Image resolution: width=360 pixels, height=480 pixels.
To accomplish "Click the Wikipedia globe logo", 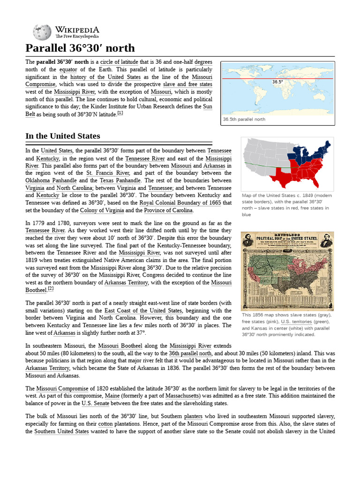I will click(x=42, y=32).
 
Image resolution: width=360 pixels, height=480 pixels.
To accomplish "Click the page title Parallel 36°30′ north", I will click(x=80, y=48).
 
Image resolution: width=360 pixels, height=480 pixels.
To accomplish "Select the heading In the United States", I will click(x=62, y=136).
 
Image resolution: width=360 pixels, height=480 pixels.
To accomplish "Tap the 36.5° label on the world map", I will click(x=277, y=82).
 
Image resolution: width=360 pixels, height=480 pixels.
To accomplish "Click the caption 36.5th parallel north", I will click(x=244, y=120).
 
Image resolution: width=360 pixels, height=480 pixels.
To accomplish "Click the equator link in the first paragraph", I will click(x=55, y=70).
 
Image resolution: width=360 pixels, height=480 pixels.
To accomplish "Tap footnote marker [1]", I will click(x=120, y=113).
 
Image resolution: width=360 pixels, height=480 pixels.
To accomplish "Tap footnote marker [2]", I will click(x=51, y=289).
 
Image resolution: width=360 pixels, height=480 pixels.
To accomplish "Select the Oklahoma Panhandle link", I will click(x=51, y=180).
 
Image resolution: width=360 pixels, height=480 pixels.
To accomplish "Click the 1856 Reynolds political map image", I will click(x=287, y=270).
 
